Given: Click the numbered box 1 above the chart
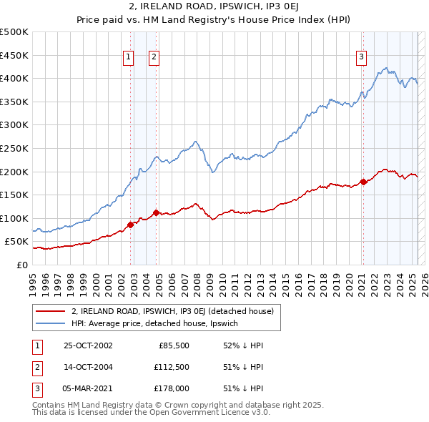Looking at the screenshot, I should coord(128,58).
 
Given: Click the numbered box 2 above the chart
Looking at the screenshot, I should coord(154,58).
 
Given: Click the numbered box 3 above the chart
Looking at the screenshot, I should coord(362,58).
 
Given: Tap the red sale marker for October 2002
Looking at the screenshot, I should coord(131,225).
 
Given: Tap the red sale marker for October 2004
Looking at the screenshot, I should coord(157,212).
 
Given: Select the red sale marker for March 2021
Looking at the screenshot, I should coord(363,182).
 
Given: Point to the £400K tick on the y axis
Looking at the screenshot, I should coord(14,78).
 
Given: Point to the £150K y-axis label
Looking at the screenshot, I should coord(14,195).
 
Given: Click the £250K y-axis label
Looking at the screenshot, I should coord(14,148).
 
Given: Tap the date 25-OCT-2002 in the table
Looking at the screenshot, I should coord(88,345).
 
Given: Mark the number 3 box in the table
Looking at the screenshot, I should coord(36,388).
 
